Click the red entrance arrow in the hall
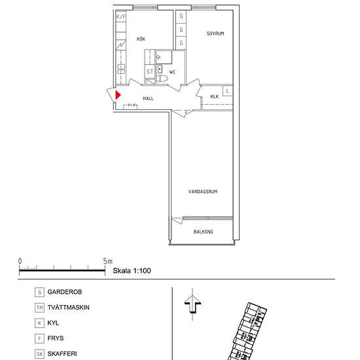click(x=118, y=95)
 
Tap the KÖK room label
click(x=141, y=39)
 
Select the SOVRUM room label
click(x=215, y=33)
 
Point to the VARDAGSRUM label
click(x=203, y=192)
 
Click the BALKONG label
click(x=203, y=232)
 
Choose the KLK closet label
click(x=215, y=96)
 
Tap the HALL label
click(x=148, y=98)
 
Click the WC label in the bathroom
click(x=172, y=72)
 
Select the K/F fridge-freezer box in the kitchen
click(x=121, y=16)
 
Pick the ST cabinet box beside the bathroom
click(x=150, y=71)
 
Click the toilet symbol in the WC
click(x=162, y=79)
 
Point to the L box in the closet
click(x=228, y=91)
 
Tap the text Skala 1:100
click(x=132, y=270)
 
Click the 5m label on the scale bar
click(x=108, y=261)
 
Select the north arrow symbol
click(x=192, y=304)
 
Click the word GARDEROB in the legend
click(x=65, y=292)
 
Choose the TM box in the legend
click(x=39, y=308)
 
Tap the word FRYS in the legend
click(x=56, y=338)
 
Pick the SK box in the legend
click(x=39, y=354)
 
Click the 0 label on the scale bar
click(x=20, y=261)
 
